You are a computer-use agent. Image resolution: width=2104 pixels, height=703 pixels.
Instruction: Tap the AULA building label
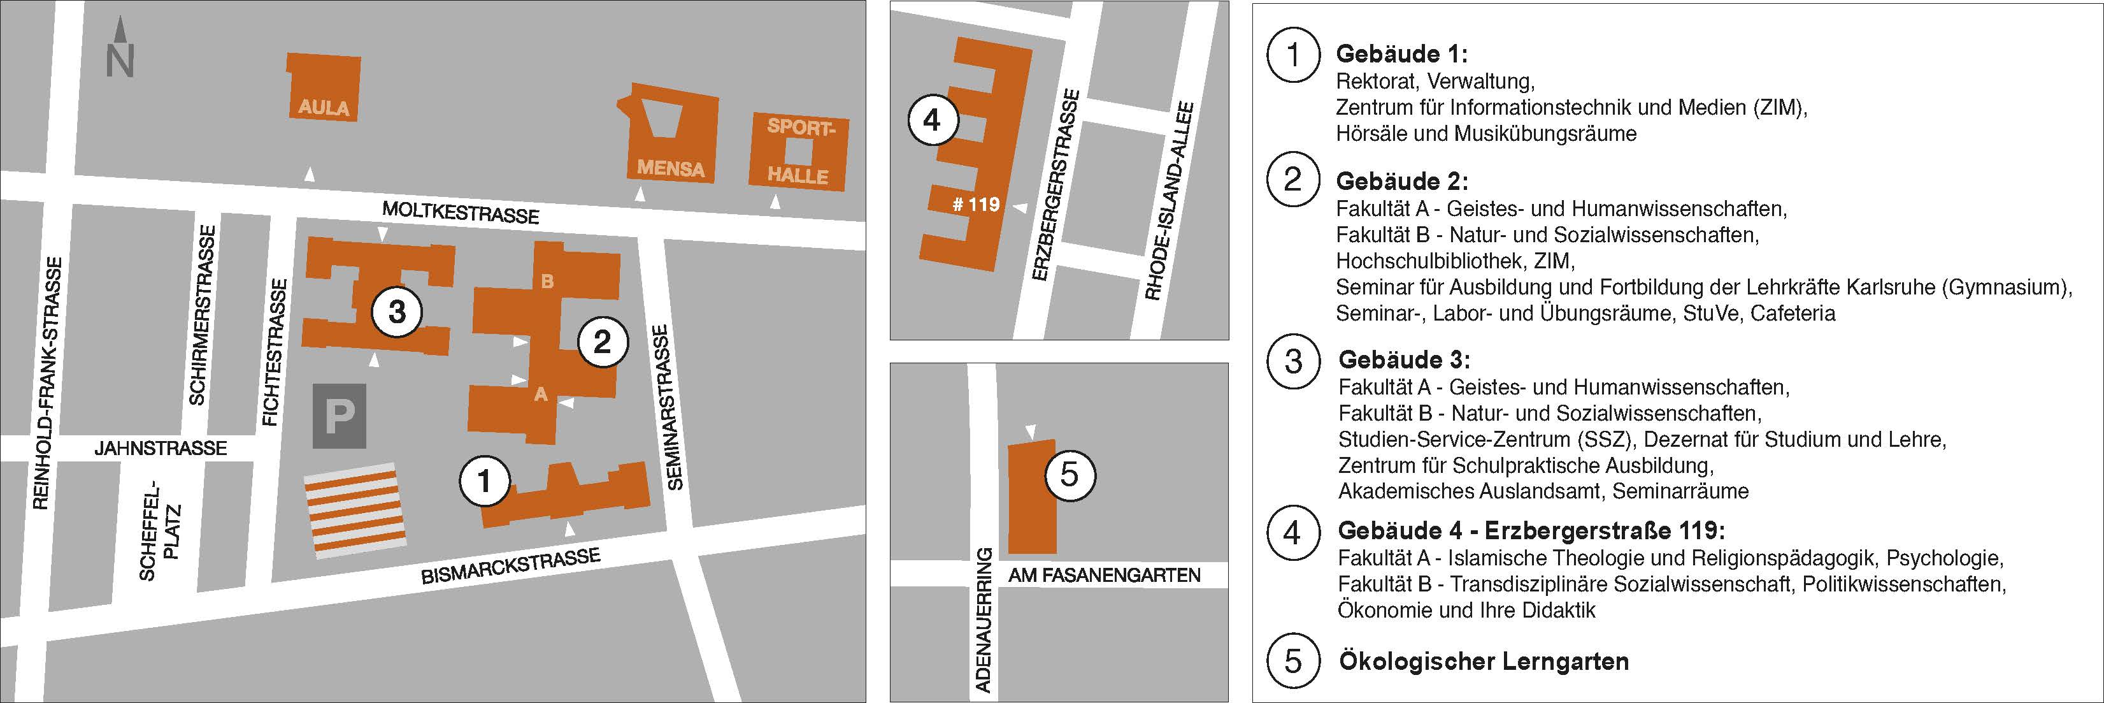324,107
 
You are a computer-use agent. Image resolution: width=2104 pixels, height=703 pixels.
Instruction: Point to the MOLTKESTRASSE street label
461,212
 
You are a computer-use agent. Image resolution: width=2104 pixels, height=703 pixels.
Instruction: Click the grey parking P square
339,417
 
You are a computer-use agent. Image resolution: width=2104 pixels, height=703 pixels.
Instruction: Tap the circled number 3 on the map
397,312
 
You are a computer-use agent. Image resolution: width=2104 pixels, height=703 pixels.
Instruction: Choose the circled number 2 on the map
603,342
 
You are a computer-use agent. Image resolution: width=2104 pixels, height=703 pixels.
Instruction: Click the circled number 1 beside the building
484,481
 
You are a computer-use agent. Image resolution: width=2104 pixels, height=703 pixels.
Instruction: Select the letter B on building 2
547,281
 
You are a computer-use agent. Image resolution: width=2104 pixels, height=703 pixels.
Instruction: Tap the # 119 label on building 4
976,205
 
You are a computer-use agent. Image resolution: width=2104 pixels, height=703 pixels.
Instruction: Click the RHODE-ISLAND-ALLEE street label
1170,200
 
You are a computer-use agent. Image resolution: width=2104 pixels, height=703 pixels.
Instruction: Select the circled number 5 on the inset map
1069,474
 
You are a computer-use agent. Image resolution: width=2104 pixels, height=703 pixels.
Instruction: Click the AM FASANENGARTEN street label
1105,575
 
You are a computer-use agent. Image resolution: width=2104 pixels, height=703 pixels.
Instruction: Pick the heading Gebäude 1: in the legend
1401,54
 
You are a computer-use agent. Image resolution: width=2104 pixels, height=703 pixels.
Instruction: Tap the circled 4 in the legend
1292,532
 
